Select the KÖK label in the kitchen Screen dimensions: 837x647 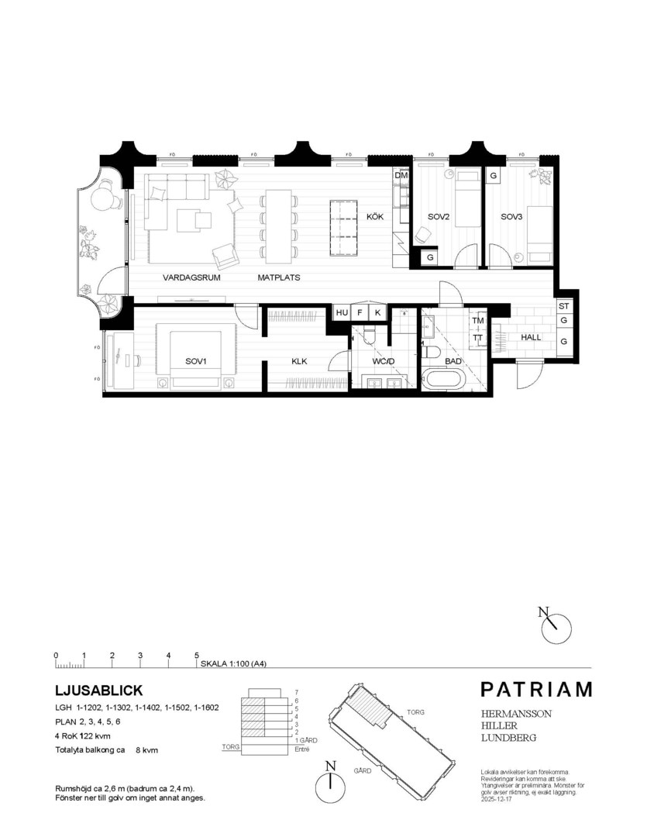[376, 218]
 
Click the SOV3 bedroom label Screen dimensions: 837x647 [512, 218]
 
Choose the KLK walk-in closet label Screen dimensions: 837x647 [300, 362]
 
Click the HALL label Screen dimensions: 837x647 [531, 337]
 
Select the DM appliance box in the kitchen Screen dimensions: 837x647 [401, 176]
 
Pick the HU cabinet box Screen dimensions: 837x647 [342, 312]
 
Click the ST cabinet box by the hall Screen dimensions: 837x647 [563, 307]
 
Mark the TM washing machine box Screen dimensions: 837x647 [477, 321]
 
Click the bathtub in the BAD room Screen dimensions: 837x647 [444, 381]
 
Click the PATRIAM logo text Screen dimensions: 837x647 [535, 689]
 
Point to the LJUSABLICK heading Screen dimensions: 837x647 [99, 689]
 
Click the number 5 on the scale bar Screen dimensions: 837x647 [197, 656]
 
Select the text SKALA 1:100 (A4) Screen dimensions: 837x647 [233, 664]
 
